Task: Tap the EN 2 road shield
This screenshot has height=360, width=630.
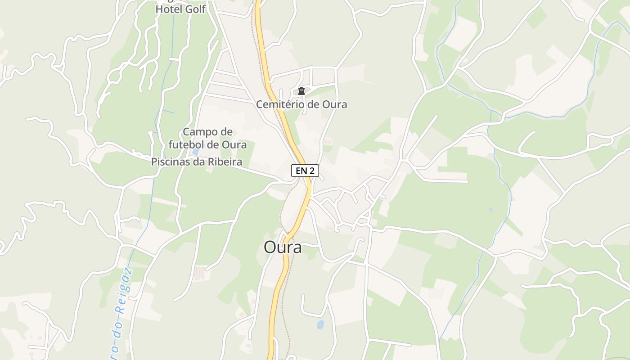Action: pos(305,171)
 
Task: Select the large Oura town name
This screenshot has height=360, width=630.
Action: pos(283,247)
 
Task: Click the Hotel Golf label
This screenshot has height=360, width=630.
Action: pos(180,9)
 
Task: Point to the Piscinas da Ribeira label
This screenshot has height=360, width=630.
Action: pos(197,162)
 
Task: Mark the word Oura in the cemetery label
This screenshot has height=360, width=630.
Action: pos(334,104)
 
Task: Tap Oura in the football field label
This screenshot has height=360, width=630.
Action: pos(234,144)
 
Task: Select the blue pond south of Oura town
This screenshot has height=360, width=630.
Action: pos(320,324)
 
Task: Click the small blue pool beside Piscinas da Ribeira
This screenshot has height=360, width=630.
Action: pos(195,152)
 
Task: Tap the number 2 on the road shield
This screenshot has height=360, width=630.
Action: pos(312,171)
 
